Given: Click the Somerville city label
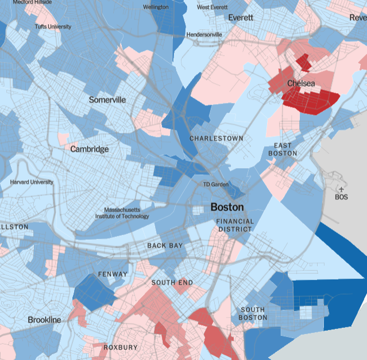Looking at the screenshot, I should tap(107, 99).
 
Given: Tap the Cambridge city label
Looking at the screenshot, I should tap(89, 149).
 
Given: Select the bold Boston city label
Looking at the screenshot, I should tap(227, 207).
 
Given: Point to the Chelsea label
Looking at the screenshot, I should tap(301, 84).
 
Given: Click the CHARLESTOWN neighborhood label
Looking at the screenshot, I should tap(217, 139).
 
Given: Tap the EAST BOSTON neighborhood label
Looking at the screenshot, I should tap(283, 150).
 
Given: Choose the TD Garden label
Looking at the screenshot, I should tap(216, 184).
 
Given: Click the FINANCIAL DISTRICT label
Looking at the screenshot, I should tap(234, 225).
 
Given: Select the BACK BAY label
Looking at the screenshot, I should tap(165, 246).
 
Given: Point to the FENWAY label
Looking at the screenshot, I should tap(113, 274).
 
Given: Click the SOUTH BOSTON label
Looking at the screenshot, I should tap(253, 313).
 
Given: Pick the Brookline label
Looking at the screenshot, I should tap(44, 319).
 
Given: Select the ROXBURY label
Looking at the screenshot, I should tap(121, 347).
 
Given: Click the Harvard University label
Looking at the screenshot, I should tap(32, 182).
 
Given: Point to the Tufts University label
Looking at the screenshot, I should tap(52, 26).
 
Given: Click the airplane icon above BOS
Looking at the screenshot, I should tap(341, 189).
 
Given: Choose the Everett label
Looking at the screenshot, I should tap(241, 18).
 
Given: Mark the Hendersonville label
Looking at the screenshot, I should tap(204, 35).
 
